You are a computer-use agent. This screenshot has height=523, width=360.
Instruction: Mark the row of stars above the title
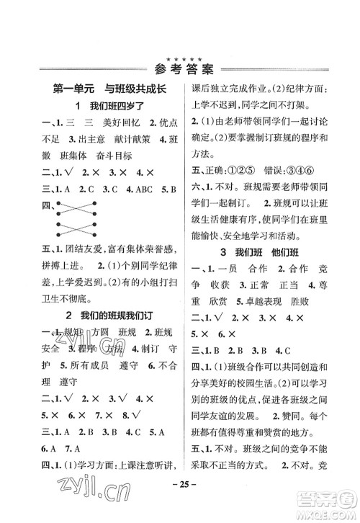tap(179, 55)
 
